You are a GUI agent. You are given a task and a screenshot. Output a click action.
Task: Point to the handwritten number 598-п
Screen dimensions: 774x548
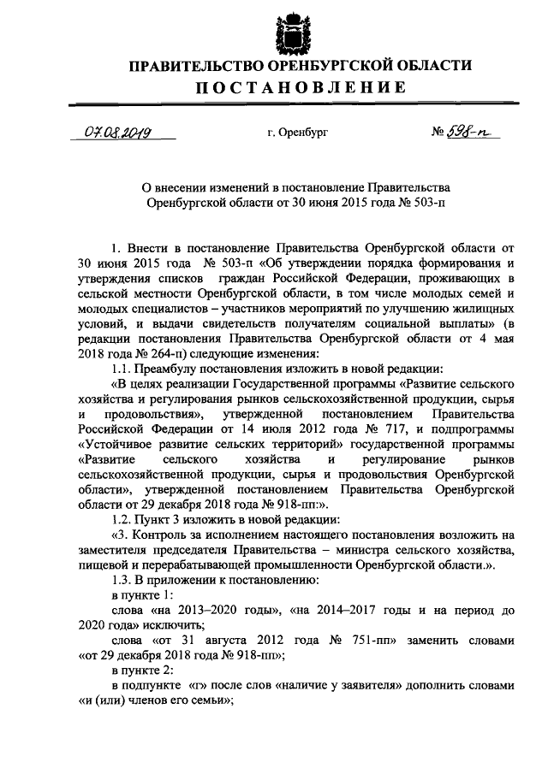tap(463, 133)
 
